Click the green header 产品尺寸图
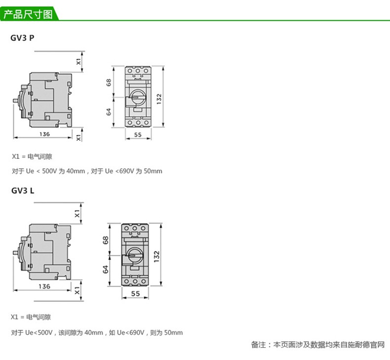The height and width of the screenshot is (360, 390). click(x=28, y=14)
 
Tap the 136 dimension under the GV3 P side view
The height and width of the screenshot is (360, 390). click(x=44, y=134)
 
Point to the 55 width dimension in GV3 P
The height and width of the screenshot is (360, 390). click(x=137, y=135)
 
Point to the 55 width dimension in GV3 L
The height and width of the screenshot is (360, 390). click(x=136, y=293)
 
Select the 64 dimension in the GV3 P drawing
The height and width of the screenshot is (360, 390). click(x=109, y=112)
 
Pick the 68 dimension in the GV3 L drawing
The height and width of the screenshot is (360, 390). click(x=105, y=241)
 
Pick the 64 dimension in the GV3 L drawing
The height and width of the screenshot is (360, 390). click(x=105, y=270)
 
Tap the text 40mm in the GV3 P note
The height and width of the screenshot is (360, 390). click(x=75, y=171)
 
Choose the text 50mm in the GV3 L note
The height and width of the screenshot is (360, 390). click(x=173, y=332)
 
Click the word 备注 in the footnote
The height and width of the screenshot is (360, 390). click(x=258, y=345)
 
